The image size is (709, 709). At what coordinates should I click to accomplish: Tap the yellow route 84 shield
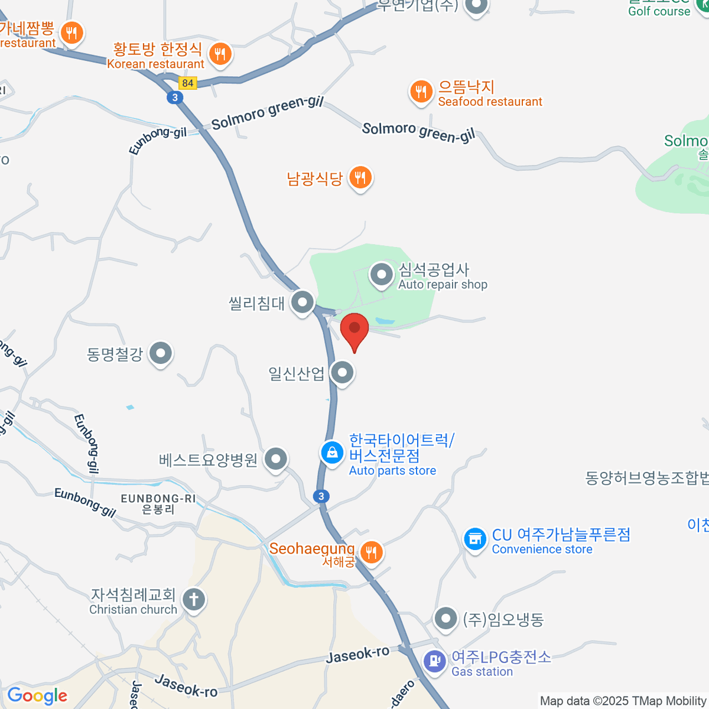(x=188, y=83)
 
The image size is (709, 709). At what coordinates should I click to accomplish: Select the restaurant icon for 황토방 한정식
(x=220, y=54)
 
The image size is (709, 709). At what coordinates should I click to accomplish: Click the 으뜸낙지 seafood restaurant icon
(x=421, y=92)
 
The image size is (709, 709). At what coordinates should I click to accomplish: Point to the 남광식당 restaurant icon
(x=360, y=177)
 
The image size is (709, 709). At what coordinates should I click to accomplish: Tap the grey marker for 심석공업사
(x=382, y=274)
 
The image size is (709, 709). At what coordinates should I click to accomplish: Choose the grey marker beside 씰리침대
(x=303, y=303)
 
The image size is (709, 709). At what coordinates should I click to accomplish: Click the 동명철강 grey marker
(x=160, y=353)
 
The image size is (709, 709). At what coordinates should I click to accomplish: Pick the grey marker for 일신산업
(x=342, y=372)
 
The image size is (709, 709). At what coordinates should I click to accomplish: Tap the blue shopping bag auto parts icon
(x=332, y=453)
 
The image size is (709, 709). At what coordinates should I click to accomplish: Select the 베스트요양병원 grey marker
(x=275, y=459)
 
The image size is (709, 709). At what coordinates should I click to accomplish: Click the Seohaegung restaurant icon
(x=371, y=552)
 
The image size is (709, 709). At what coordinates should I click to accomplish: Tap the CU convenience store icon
(x=474, y=539)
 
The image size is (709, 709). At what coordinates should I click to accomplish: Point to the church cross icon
(x=193, y=599)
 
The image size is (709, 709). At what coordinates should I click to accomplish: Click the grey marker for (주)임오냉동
(x=445, y=619)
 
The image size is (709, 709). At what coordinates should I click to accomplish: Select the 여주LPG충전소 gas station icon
(x=435, y=660)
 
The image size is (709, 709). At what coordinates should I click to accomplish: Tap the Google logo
(x=37, y=696)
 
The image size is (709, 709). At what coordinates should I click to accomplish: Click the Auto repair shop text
(x=443, y=285)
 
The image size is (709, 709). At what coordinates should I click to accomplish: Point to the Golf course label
(x=659, y=11)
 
